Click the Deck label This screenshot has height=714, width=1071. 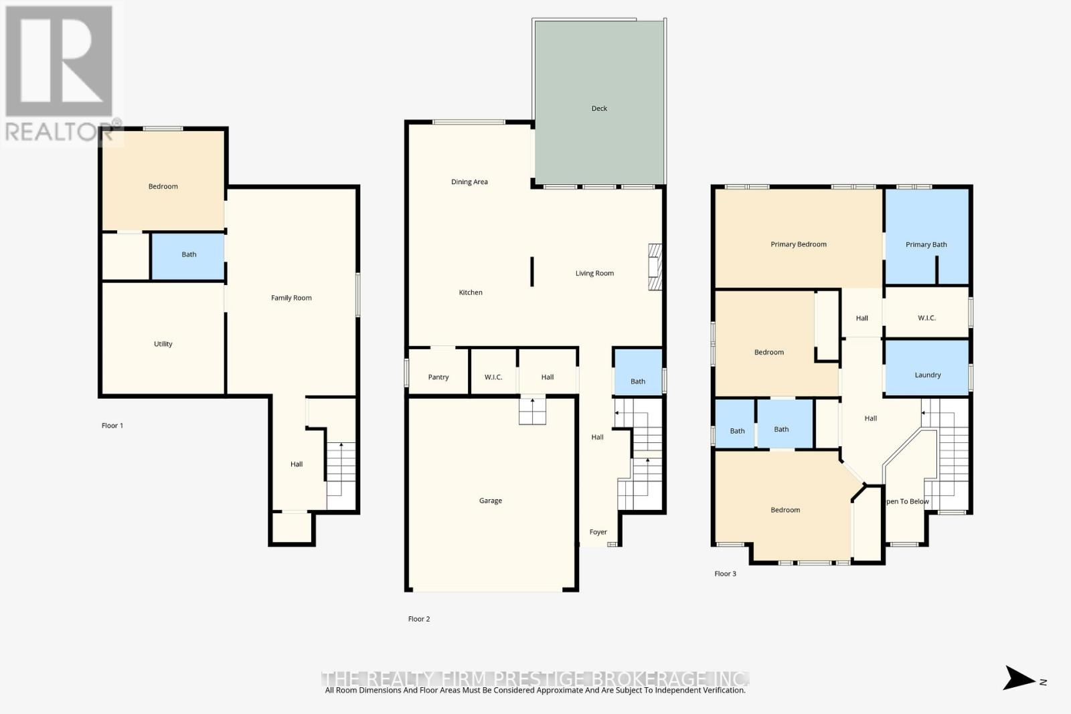[599, 108]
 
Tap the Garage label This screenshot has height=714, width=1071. [490, 501]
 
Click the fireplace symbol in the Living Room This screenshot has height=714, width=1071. [655, 267]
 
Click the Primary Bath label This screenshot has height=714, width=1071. [926, 244]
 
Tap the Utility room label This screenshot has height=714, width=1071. [163, 344]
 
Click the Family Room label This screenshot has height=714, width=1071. [291, 298]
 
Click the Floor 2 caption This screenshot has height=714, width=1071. [419, 619]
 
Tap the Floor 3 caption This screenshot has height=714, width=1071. [725, 573]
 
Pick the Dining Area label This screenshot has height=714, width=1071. [469, 182]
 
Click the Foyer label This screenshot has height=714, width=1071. [598, 532]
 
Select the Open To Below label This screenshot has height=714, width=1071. [908, 501]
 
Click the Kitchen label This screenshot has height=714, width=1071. [471, 292]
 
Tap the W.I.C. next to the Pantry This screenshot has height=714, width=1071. [493, 377]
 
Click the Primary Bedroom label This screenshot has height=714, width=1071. [798, 244]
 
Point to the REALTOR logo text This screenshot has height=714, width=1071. [59, 132]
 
